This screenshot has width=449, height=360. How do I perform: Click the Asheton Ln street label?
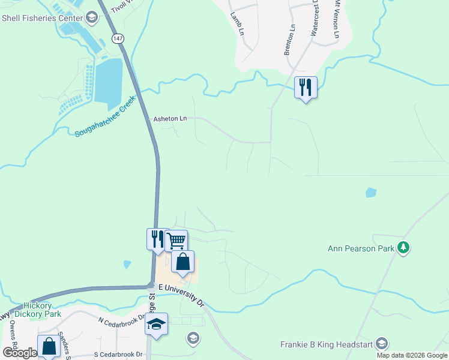pos(170,119)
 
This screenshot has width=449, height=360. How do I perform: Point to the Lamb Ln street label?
pos(238,23)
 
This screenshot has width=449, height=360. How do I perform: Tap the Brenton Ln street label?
pos(290,40)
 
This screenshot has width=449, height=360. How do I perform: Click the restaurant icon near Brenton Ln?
pos(306,88)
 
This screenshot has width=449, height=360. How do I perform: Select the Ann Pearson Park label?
pos(361,248)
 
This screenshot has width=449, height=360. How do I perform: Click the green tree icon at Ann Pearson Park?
pos(404,247)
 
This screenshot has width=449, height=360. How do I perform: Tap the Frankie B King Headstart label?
pos(327,344)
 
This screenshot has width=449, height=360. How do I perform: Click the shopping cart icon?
pos(176,241)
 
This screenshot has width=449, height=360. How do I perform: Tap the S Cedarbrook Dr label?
pos(119,355)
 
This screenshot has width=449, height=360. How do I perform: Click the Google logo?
pos(19,353)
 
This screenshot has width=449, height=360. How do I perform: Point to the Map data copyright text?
pos(412,355)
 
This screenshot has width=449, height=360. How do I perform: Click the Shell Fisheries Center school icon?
pos(91,17)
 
